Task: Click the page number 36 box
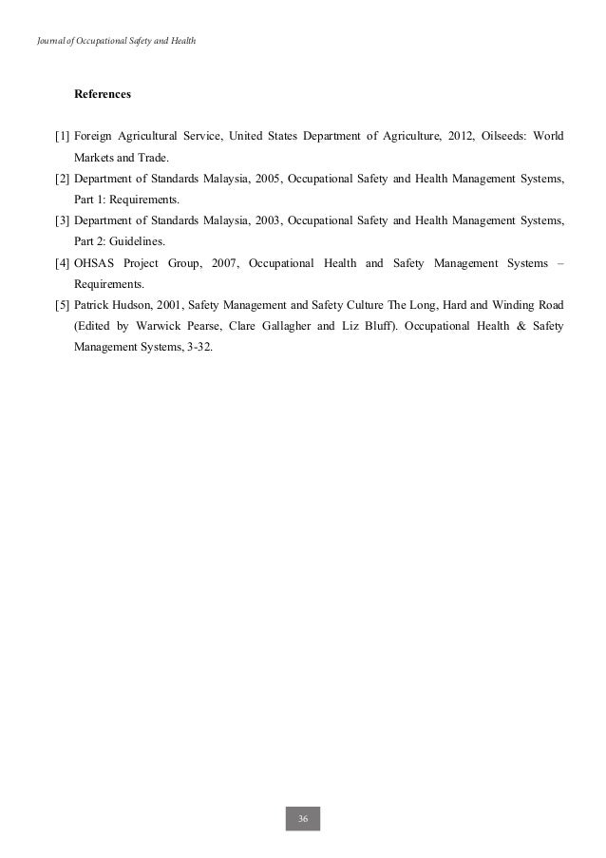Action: coord(303,818)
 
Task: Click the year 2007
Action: coord(218,263)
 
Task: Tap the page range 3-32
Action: coord(200,348)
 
